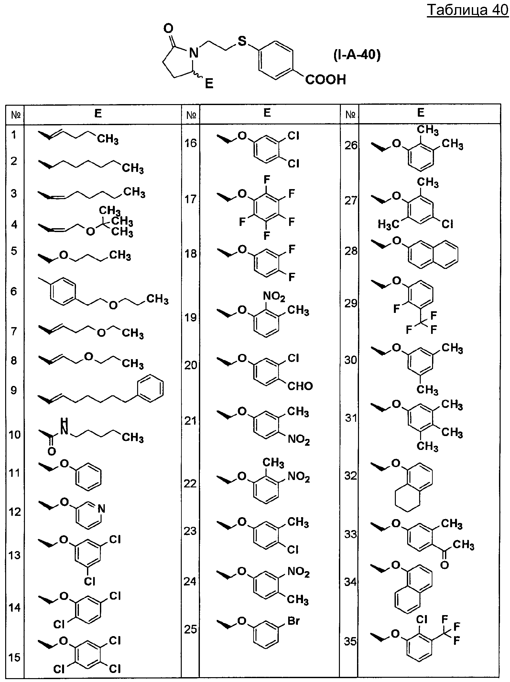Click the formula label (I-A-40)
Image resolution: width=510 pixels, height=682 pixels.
point(357,55)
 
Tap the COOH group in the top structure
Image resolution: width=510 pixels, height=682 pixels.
point(325,80)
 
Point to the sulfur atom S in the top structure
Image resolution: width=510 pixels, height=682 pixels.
point(242,41)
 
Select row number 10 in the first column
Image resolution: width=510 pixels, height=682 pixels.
point(14,434)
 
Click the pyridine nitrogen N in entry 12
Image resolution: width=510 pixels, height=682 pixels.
point(101,509)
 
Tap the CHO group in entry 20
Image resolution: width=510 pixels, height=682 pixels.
point(300,386)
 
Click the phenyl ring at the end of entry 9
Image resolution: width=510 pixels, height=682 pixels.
point(150,388)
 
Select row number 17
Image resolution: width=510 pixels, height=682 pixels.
point(190,199)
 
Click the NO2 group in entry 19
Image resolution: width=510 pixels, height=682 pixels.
point(274,296)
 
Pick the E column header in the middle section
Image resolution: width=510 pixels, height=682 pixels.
point(267,113)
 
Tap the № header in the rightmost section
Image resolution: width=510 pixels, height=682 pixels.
point(350,114)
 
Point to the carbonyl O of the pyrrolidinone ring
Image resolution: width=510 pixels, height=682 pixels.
point(168,28)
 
